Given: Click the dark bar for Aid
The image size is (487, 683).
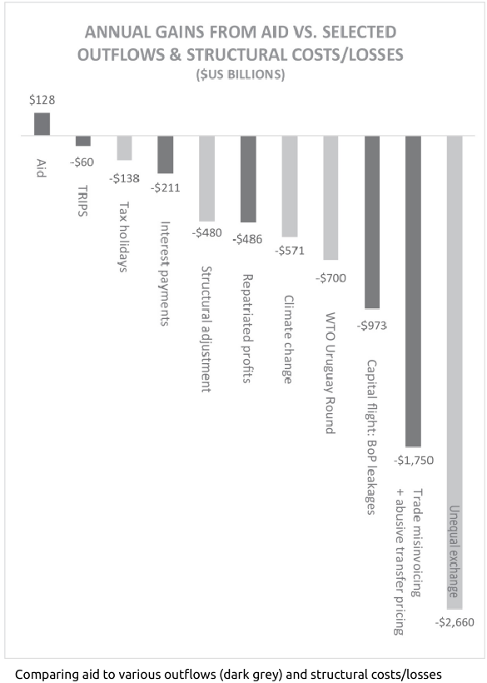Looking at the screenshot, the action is (x=42, y=124).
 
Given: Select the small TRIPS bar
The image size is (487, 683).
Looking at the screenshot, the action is (x=83, y=141).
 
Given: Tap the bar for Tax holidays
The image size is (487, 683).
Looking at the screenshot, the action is (x=125, y=148).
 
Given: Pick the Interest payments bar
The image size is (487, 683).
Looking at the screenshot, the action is (x=166, y=155).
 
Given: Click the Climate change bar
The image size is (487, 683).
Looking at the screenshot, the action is (x=290, y=187).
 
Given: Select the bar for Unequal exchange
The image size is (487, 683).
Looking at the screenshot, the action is (x=455, y=372).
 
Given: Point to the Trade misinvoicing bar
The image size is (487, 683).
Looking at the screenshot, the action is (x=414, y=292).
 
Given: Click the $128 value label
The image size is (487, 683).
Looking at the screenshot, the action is (x=42, y=100).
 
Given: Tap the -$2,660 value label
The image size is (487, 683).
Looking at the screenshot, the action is (x=455, y=622).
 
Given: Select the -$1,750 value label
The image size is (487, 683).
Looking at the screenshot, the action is (x=414, y=461).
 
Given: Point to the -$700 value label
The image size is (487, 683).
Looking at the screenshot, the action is (x=330, y=278).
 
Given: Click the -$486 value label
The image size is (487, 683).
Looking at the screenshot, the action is (x=247, y=239).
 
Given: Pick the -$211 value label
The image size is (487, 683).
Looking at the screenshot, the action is (x=166, y=187).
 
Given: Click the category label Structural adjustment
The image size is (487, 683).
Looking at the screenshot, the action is (x=206, y=329).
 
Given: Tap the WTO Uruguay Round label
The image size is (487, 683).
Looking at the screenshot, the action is (x=330, y=373).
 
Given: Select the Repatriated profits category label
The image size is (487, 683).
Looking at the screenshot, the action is (x=247, y=328).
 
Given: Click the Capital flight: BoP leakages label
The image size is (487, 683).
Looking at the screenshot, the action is (x=371, y=437).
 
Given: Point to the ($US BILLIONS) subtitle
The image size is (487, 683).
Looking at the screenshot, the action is (x=241, y=75).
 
